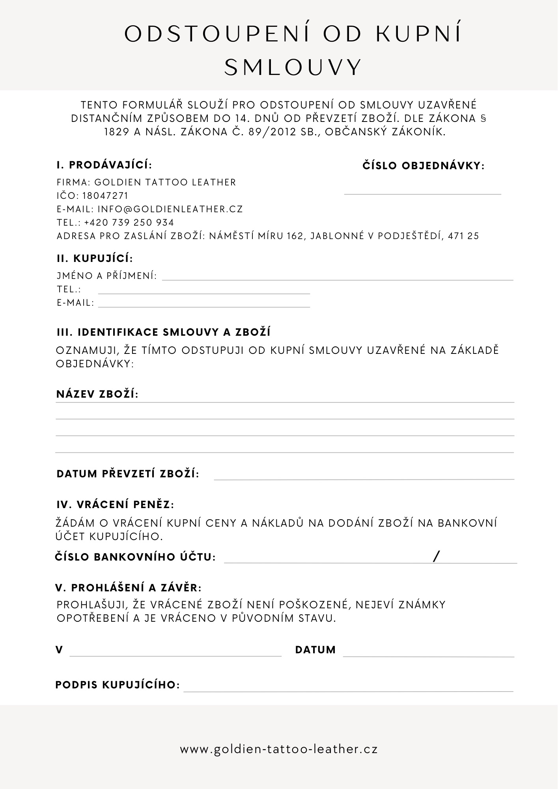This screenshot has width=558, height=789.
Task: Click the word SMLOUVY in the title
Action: (x=293, y=67)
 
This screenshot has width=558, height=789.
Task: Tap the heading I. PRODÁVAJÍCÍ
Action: (x=104, y=165)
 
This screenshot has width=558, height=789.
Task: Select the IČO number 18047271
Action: (x=105, y=196)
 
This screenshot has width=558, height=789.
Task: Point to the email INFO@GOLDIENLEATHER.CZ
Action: (x=170, y=209)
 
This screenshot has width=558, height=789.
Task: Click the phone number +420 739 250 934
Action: (x=129, y=222)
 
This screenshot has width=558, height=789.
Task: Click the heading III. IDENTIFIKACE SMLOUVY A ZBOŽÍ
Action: (x=164, y=332)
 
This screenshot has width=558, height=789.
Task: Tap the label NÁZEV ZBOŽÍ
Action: (x=97, y=394)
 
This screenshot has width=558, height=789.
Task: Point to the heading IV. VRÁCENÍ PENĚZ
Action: (x=115, y=505)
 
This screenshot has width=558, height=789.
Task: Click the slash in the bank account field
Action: (x=436, y=557)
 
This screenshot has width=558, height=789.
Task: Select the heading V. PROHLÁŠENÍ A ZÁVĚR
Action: (x=129, y=588)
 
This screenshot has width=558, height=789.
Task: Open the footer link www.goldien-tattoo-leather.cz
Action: (x=279, y=749)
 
